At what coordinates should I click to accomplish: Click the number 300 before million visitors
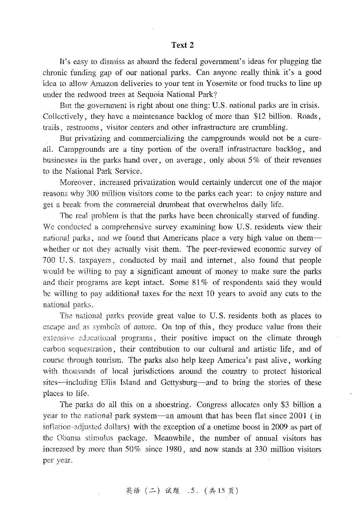point(93,194)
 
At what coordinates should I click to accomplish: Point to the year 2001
point(298,416)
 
